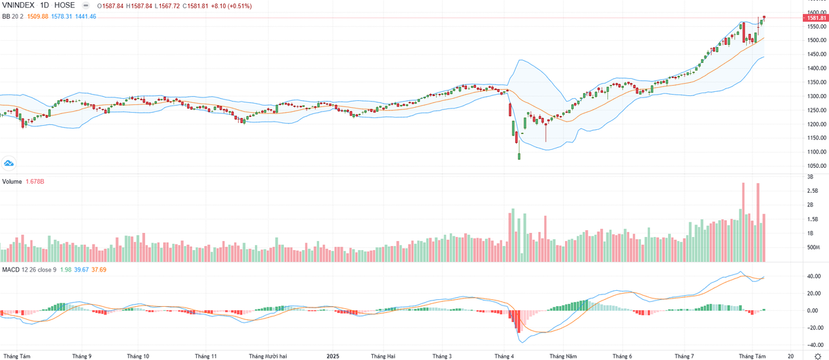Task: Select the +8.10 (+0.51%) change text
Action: tap(231, 6)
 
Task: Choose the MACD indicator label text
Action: tap(10, 269)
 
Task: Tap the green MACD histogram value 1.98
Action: tap(66, 269)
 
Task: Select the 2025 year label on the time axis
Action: tap(333, 356)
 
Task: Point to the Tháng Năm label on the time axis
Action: tap(562, 356)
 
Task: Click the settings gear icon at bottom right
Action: tap(818, 355)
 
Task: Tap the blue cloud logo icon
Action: tap(9, 163)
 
